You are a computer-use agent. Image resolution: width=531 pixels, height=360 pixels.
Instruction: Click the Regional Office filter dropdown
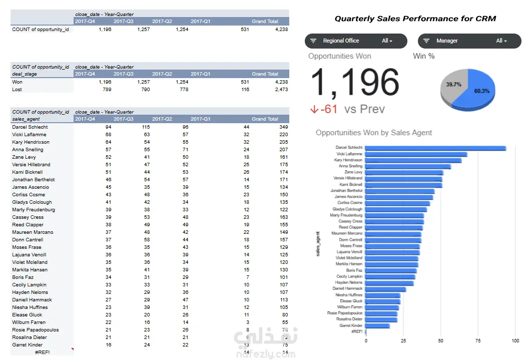tap(356, 41)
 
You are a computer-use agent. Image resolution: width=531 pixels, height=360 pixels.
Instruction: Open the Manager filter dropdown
tap(469, 41)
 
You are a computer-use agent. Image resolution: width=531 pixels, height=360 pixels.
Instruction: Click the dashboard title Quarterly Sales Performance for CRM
tap(415, 19)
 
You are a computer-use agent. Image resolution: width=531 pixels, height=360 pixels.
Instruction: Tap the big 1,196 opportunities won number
tap(355, 82)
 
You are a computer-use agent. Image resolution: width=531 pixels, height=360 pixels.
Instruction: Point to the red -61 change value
tap(328, 109)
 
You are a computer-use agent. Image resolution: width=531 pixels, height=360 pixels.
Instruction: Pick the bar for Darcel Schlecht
tap(435, 148)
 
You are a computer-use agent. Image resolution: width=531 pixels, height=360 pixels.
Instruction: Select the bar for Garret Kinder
tap(377, 326)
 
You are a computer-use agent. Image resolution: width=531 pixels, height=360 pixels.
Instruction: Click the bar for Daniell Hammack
tap(385, 289)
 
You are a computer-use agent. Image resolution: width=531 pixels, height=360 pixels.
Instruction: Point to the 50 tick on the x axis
tap(440, 340)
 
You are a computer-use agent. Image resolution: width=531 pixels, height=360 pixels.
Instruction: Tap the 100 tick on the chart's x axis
tap(515, 340)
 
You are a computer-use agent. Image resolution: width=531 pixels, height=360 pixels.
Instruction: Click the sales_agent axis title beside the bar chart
tap(318, 244)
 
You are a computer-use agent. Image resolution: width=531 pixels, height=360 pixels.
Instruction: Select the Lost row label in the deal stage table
tap(17, 90)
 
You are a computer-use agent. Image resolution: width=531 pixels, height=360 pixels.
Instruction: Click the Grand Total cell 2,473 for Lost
tap(281, 90)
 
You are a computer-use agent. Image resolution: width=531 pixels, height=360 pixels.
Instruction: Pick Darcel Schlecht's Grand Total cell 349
tap(283, 127)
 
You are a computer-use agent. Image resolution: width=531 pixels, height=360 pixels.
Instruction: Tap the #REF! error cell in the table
tap(43, 352)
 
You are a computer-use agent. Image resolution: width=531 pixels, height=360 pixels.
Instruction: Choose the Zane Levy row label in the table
tap(24, 157)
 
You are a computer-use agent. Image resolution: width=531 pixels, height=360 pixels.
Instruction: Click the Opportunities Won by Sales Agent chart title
tap(373, 133)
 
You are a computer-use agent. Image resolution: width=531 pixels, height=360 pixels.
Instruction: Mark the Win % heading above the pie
tap(423, 56)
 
